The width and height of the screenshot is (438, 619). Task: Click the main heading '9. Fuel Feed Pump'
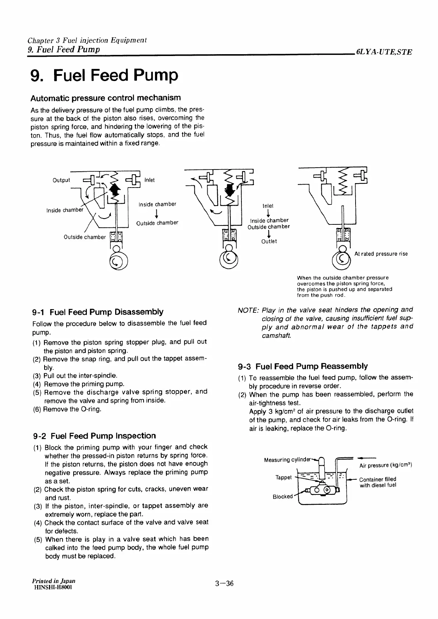[x=105, y=76]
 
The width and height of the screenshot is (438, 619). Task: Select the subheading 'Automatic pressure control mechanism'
[x=106, y=98]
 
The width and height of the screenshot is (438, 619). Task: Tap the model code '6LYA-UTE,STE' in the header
[x=383, y=52]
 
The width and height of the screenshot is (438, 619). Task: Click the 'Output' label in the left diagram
[x=61, y=180]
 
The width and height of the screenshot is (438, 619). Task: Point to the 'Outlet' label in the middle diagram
[x=269, y=241]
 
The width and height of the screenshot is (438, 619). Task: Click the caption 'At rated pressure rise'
[x=381, y=254]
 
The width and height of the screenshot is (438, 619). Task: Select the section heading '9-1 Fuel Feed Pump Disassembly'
[x=98, y=312]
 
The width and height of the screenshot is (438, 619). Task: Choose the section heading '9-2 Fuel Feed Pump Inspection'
[x=94, y=436]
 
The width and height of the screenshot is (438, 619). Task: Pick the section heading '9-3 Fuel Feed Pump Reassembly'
[x=303, y=366]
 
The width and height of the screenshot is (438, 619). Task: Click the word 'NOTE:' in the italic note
[x=248, y=310]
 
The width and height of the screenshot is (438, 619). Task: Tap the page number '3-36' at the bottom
[x=225, y=583]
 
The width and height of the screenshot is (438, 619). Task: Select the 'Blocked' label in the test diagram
[x=282, y=496]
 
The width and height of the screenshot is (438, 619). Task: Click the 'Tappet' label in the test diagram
[x=283, y=478]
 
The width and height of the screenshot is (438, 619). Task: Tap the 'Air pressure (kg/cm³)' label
[x=385, y=465]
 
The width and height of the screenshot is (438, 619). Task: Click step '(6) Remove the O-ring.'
[x=67, y=409]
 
